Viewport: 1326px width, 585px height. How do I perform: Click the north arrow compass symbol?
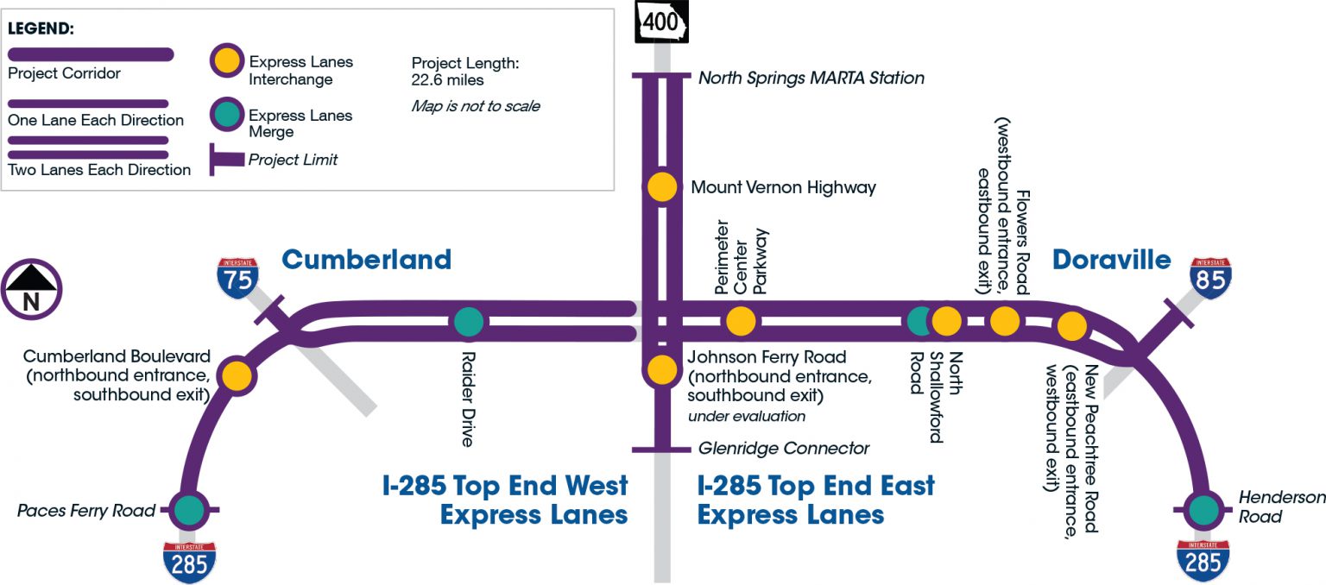(x=31, y=290)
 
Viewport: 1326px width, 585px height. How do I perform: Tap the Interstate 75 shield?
(x=237, y=277)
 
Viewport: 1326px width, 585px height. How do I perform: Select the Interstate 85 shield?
(x=1210, y=277)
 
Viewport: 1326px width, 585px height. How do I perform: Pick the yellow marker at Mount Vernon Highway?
(x=662, y=186)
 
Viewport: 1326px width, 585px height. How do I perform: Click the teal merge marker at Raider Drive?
(x=469, y=321)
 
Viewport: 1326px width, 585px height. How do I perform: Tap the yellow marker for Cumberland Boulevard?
(x=236, y=376)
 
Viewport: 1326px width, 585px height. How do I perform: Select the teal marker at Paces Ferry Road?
(x=188, y=511)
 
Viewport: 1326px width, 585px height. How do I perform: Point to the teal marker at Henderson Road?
(x=1200, y=511)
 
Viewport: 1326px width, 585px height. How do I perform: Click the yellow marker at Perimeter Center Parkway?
(x=740, y=321)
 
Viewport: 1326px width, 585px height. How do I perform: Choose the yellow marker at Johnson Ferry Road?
(x=662, y=369)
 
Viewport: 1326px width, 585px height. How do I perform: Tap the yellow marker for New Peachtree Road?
(x=1071, y=325)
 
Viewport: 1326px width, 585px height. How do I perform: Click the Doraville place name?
(x=1111, y=260)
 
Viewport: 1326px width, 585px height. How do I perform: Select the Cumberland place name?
(x=366, y=259)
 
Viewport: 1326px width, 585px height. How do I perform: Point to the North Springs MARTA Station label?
(x=811, y=79)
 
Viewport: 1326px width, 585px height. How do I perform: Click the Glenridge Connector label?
(x=783, y=449)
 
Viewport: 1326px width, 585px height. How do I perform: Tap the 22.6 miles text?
(x=448, y=80)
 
